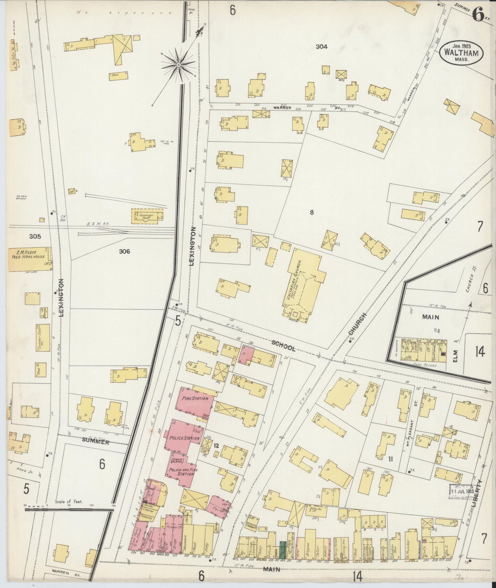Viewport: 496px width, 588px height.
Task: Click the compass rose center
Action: pos(178,64)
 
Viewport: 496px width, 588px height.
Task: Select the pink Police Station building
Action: pos(183,436)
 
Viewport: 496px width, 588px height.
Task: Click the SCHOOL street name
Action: pos(284,347)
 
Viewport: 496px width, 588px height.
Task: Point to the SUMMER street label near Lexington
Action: pos(96,443)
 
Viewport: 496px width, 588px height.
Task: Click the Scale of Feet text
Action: pos(69,501)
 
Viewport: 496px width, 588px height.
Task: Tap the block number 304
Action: pos(322,47)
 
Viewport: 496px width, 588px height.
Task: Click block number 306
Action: pos(124,251)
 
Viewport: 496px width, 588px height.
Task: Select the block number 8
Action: pos(311,213)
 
